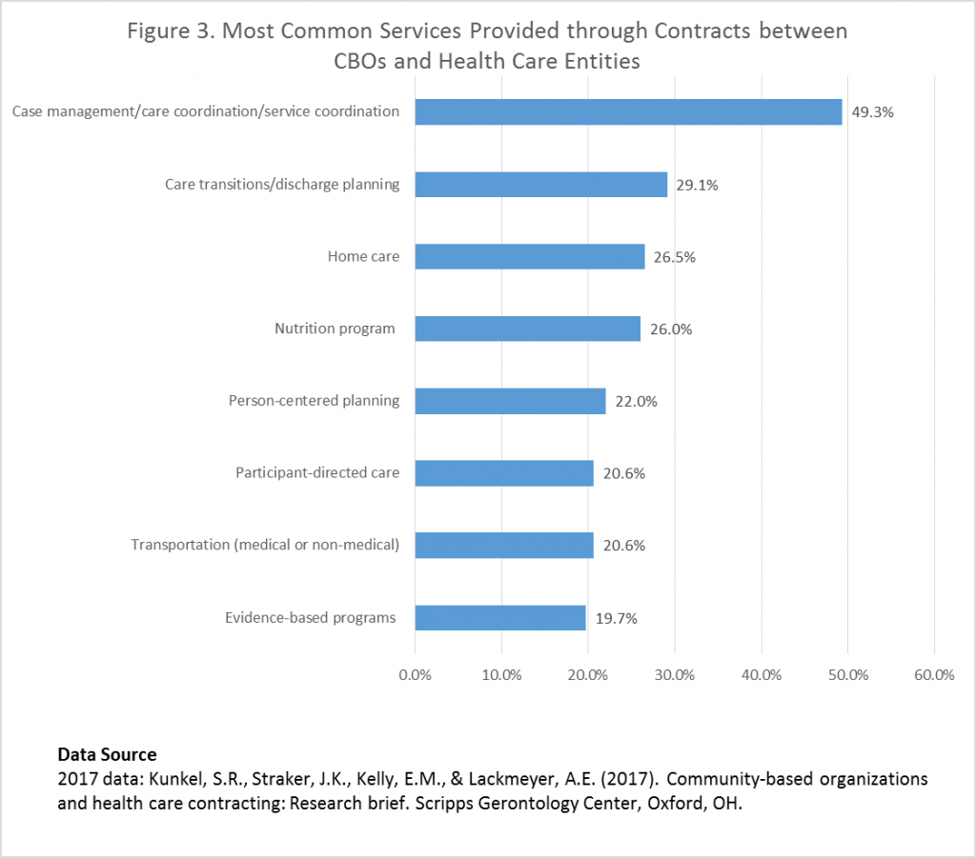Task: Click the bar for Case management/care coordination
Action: coord(628,112)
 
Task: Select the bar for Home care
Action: coord(530,257)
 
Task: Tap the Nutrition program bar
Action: coord(528,329)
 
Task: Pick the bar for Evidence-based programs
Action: coord(500,618)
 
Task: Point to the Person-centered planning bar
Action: coord(511,401)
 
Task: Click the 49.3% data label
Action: coord(873,112)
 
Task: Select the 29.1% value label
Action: coord(697,185)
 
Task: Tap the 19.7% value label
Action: coord(615,618)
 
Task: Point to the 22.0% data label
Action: coord(635,401)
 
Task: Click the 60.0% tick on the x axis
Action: coord(934,675)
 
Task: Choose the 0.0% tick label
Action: coord(416,675)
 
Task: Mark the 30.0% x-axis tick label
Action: coord(675,675)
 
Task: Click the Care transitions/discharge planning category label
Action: coord(282,184)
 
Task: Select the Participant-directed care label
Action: coord(317,472)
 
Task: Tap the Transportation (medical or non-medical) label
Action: coord(265,545)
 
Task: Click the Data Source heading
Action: coord(107,755)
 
